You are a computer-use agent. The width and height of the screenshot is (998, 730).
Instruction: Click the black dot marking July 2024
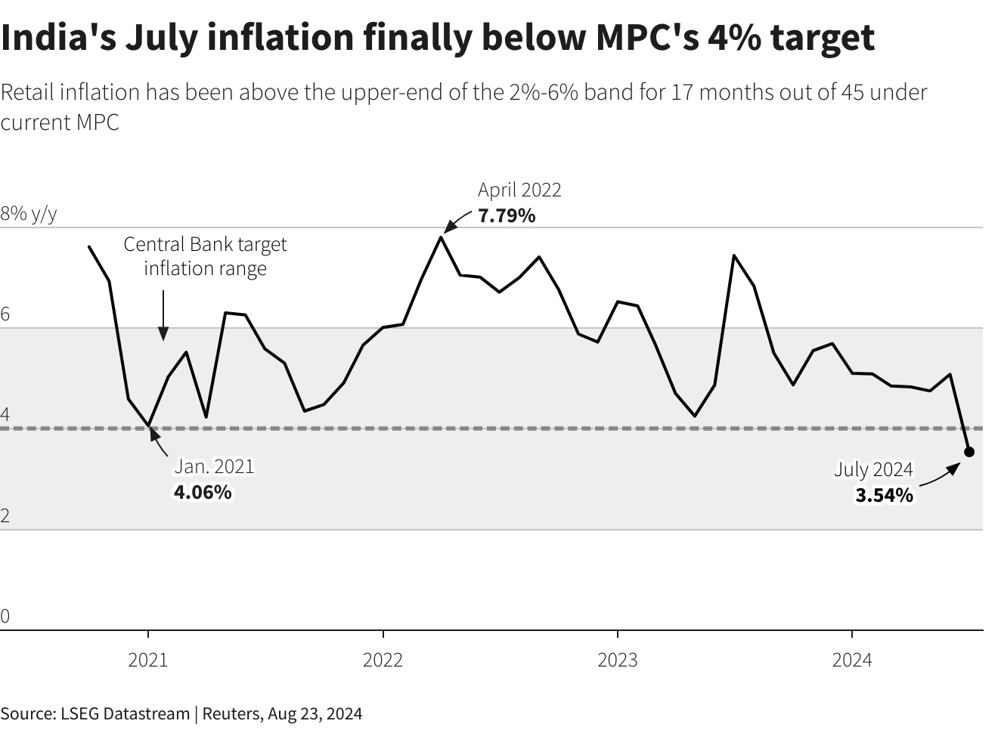[969, 452]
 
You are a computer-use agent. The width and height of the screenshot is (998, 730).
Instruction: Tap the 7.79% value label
[507, 216]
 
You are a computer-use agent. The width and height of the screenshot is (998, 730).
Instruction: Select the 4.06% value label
[203, 493]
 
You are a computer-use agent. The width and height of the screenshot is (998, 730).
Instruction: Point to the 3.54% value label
[884, 496]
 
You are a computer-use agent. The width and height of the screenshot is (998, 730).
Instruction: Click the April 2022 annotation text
[519, 190]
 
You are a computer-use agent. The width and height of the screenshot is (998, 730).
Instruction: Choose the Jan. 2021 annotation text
[214, 466]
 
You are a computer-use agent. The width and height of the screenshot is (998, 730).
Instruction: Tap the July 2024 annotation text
[873, 469]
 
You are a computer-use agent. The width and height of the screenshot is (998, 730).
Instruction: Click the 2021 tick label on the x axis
[148, 660]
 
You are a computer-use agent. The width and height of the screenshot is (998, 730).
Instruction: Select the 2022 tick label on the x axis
[383, 660]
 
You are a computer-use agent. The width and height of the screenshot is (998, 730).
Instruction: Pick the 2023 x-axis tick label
[618, 660]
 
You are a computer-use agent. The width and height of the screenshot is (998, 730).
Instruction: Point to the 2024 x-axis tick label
[852, 660]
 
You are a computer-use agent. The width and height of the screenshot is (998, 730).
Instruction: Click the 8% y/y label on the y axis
[29, 214]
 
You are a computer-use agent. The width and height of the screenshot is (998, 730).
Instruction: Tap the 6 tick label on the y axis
[5, 314]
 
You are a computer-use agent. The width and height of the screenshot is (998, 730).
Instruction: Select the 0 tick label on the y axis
[5, 617]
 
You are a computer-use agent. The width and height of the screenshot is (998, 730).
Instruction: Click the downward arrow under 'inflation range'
[163, 317]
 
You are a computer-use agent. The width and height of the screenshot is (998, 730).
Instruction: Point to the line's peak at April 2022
[440, 237]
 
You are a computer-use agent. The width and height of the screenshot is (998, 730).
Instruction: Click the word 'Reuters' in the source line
[231, 713]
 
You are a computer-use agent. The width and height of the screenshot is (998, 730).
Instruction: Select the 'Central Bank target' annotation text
[205, 245]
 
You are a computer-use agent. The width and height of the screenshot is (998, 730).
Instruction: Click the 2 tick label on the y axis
[5, 516]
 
